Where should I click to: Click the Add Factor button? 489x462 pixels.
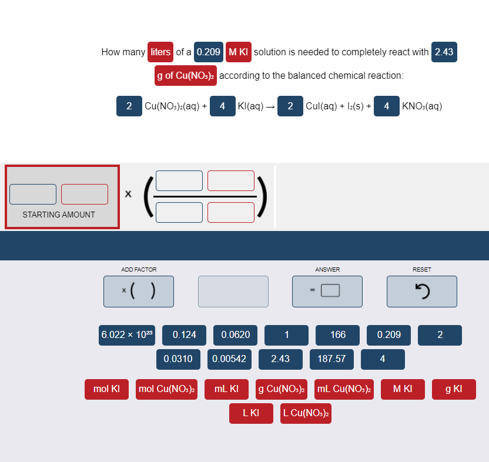coord(138,291)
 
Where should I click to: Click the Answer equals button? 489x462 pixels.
coord(327,291)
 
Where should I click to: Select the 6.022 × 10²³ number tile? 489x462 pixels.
coord(127,335)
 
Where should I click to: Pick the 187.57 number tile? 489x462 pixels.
coord(331,359)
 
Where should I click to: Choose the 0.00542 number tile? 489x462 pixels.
coord(229,359)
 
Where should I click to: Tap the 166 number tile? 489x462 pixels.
coord(337,335)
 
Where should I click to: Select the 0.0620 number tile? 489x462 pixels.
coord(235,335)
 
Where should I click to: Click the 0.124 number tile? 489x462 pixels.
coord(184,335)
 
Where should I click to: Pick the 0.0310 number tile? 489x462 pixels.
coord(178,359)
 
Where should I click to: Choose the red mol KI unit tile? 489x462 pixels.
coord(106,389)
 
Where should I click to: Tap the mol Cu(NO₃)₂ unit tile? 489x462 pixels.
coord(166,389)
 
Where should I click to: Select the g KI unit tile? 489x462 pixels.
coord(454,389)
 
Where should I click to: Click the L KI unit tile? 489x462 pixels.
coord(251,413)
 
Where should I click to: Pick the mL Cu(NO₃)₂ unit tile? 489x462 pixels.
coord(344,389)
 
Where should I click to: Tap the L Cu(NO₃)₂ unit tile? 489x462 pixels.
coord(306,413)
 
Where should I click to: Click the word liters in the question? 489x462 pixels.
coord(160,52)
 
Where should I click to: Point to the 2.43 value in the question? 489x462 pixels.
coord(444,52)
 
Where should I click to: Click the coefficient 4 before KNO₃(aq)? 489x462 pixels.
coord(386,106)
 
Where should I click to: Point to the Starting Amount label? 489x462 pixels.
coord(59,215)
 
